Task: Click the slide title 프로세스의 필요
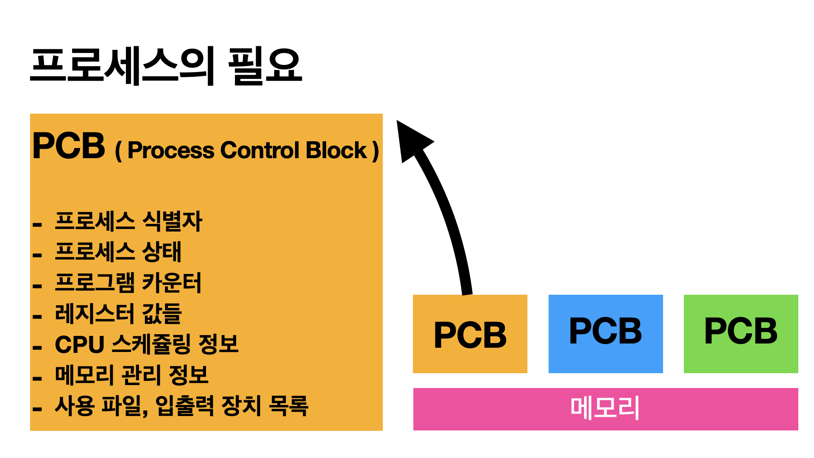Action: coord(166,66)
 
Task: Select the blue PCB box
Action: coord(605,333)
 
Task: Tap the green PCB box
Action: coord(741,333)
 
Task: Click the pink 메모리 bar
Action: coord(605,409)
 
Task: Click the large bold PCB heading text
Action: coord(69,146)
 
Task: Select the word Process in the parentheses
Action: coord(171,151)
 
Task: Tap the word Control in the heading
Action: coord(260,151)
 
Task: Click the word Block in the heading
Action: coord(336,151)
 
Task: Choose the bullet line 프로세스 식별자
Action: coord(129,221)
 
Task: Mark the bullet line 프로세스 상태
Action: coord(118,252)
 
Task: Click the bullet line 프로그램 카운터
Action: coord(128,283)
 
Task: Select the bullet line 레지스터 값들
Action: coord(118,314)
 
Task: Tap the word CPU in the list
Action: coord(79,344)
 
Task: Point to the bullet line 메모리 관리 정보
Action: coord(132,375)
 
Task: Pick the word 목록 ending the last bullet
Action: coord(289,406)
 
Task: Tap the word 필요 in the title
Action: coord(265,66)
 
